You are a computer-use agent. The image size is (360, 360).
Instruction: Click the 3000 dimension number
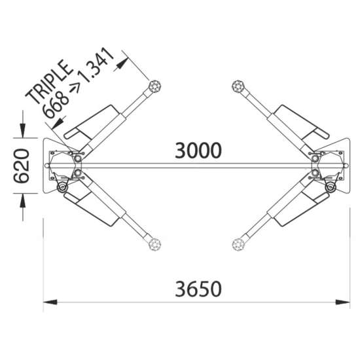pos(198,151)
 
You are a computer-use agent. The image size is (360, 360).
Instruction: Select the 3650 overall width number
pos(198,289)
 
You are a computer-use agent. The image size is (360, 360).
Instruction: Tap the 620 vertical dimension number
pos(22,166)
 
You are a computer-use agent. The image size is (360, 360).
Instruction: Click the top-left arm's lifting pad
pos(154,86)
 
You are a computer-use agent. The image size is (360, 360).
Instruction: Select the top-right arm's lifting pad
pos(238,86)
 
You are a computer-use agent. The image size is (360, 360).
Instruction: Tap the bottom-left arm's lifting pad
pos(154,244)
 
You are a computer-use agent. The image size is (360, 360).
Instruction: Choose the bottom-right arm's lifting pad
pos(238,244)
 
